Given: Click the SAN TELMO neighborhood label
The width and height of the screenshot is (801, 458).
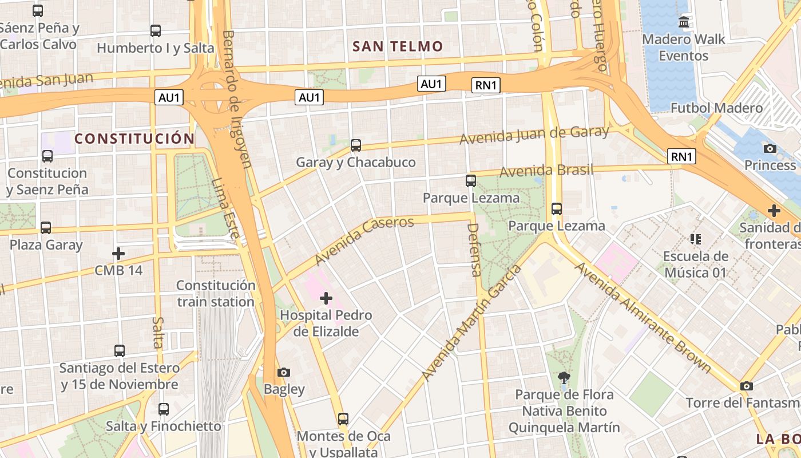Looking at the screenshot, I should tap(398, 46).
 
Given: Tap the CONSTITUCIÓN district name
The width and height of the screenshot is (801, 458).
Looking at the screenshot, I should tap(134, 139).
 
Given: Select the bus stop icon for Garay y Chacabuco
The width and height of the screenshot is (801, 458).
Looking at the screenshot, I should tap(356, 145).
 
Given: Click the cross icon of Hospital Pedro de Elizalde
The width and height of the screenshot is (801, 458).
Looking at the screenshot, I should tap(326, 298).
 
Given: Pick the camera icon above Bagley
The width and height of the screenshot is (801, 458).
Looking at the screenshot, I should tap(284, 373).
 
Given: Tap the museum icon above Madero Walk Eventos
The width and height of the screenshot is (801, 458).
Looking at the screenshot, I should tap(684, 22).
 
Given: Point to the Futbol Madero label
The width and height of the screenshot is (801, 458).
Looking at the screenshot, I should tap(716, 108).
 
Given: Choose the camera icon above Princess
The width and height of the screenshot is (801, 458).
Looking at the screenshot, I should tap(770, 149).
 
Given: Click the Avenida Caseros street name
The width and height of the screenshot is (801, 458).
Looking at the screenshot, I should tap(364, 240).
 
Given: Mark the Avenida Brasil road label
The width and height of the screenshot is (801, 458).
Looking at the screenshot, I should tap(546, 171).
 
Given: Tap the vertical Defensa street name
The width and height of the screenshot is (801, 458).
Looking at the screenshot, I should tap(474, 250).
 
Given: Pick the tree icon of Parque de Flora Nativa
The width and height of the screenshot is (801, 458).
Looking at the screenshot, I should tap(564, 377).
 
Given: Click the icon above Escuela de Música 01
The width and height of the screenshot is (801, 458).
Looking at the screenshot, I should tap(696, 239).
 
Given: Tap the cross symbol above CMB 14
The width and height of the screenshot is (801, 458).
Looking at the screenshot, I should tap(118, 253).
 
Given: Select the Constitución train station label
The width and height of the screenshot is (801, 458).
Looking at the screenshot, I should tap(216, 293).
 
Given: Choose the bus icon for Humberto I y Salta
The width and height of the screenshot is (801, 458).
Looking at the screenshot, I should tap(156, 31).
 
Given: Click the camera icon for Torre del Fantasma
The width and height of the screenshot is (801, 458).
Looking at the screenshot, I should tap(746, 386).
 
